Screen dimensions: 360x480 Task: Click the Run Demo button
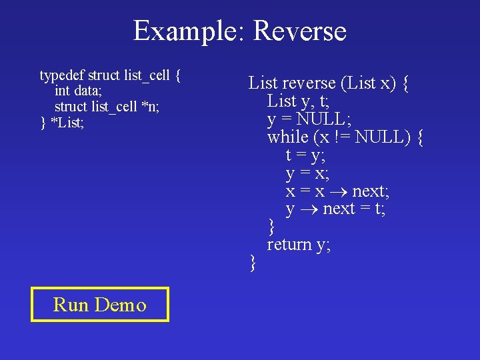click(100, 305)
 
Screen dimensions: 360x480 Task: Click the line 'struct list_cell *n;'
click(107, 107)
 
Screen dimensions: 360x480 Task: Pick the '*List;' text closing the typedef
click(67, 123)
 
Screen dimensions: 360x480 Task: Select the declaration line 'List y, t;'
click(298, 101)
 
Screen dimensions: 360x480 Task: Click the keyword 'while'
click(287, 137)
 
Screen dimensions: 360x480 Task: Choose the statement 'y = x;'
click(305, 173)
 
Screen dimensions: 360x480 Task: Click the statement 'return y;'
click(299, 245)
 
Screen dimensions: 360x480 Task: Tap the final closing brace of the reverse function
click(252, 263)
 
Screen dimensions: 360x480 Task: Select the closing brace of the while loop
click(271, 227)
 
